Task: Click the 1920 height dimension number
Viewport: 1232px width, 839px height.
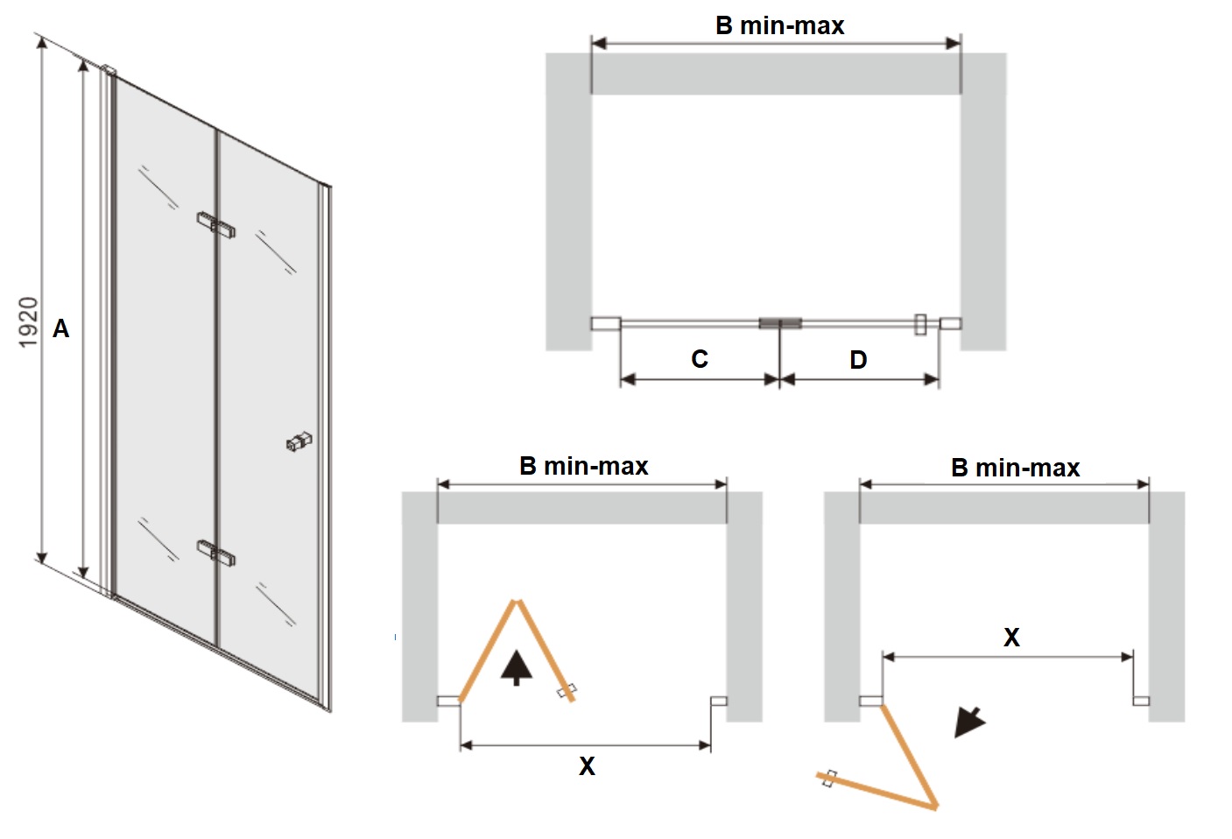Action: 29,322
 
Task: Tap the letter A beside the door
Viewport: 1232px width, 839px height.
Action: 61,329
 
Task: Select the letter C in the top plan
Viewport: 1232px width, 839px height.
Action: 700,359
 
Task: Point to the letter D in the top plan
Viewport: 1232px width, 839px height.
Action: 859,360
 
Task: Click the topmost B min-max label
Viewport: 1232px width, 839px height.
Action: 780,26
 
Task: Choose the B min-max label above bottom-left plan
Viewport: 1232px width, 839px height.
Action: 584,467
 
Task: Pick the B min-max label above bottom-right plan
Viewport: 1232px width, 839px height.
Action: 1016,469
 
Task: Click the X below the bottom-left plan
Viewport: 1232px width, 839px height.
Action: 587,766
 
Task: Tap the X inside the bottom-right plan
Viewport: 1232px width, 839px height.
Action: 1011,638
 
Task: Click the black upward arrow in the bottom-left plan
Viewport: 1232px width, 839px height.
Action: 517,668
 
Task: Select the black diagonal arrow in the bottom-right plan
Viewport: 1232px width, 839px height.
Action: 969,722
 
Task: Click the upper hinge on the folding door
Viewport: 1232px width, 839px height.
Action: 216,225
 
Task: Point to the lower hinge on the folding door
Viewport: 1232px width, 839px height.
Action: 216,553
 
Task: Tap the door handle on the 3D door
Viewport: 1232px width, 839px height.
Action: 299,441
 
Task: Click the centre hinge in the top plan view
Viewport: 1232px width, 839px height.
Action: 780,323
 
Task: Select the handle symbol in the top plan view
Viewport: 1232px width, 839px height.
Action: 920,325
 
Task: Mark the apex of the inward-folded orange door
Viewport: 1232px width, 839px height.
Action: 516,601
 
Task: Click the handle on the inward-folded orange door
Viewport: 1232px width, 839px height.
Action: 567,690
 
